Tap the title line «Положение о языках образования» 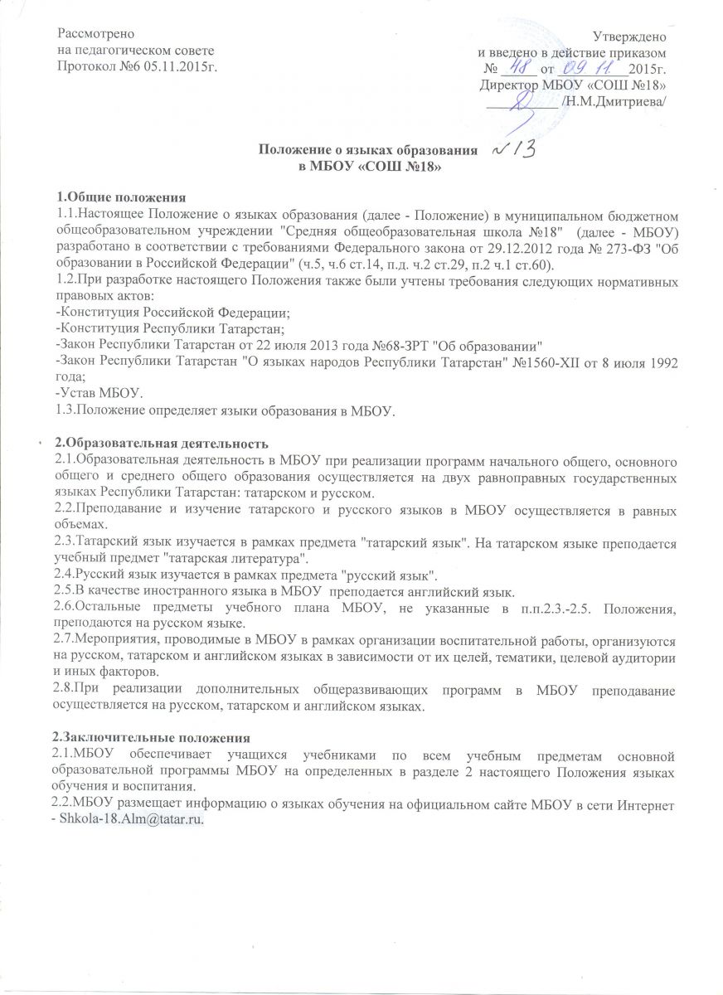point(368,152)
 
